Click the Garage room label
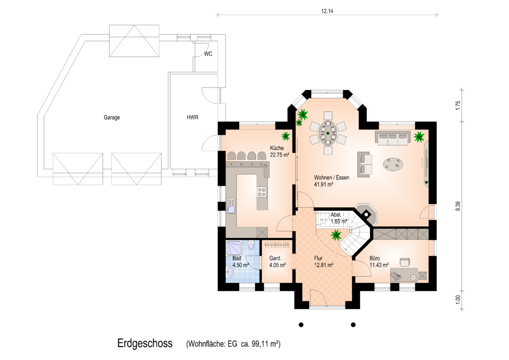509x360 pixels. point(111,117)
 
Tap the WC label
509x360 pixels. point(208,54)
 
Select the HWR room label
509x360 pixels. point(193,117)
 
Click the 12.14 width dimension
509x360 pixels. point(327,11)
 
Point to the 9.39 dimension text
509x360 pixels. point(458,206)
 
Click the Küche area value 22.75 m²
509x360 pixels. point(280,155)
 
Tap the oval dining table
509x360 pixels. point(328,133)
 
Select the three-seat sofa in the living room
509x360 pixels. point(393,138)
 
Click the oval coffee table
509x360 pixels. point(393,164)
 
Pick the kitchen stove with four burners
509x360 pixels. point(262,192)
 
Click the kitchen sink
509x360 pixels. point(231,206)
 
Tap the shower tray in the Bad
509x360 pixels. point(234,248)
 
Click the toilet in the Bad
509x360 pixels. point(251,245)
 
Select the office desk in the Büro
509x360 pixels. point(404,274)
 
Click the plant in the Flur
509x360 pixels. point(336,234)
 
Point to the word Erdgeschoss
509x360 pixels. point(145,343)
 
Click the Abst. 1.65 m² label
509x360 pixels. point(339,218)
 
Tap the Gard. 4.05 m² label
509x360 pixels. point(277,262)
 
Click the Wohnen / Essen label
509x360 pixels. point(331,177)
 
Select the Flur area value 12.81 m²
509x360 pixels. point(323,265)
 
